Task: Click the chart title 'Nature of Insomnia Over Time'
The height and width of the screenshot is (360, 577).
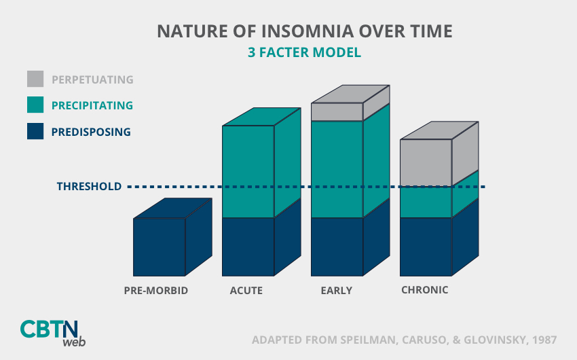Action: [305, 31]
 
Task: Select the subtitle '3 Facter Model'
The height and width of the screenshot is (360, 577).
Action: [304, 52]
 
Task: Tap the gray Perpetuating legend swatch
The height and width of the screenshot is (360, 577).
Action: [35, 79]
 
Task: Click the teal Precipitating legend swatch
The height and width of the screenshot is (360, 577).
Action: [35, 105]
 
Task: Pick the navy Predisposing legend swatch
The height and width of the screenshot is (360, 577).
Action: [35, 131]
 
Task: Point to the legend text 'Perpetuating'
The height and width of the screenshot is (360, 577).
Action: [92, 79]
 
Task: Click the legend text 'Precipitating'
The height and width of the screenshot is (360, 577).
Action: [92, 105]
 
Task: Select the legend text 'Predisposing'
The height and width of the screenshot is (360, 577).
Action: [91, 132]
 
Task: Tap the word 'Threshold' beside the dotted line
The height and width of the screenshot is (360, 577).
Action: [89, 186]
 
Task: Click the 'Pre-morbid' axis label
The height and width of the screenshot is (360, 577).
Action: [156, 291]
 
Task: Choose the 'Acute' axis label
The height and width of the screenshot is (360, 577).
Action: [246, 291]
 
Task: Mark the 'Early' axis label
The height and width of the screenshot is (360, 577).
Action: [336, 291]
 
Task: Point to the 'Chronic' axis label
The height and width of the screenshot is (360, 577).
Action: [425, 289]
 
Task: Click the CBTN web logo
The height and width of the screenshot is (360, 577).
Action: [53, 333]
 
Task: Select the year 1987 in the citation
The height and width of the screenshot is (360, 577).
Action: [544, 340]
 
